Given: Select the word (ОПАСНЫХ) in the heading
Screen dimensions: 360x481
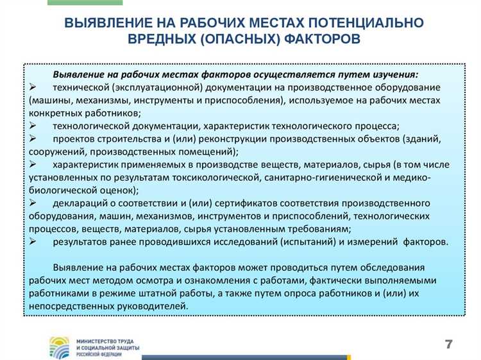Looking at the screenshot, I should [242, 39].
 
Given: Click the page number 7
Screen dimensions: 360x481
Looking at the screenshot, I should [449, 344].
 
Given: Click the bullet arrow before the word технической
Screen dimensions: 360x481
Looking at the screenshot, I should [33, 87].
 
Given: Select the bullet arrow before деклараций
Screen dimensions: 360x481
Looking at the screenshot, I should [33, 203].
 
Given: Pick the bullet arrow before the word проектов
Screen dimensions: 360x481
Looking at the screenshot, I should [33, 139].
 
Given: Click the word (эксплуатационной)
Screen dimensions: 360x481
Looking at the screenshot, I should [155, 87].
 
